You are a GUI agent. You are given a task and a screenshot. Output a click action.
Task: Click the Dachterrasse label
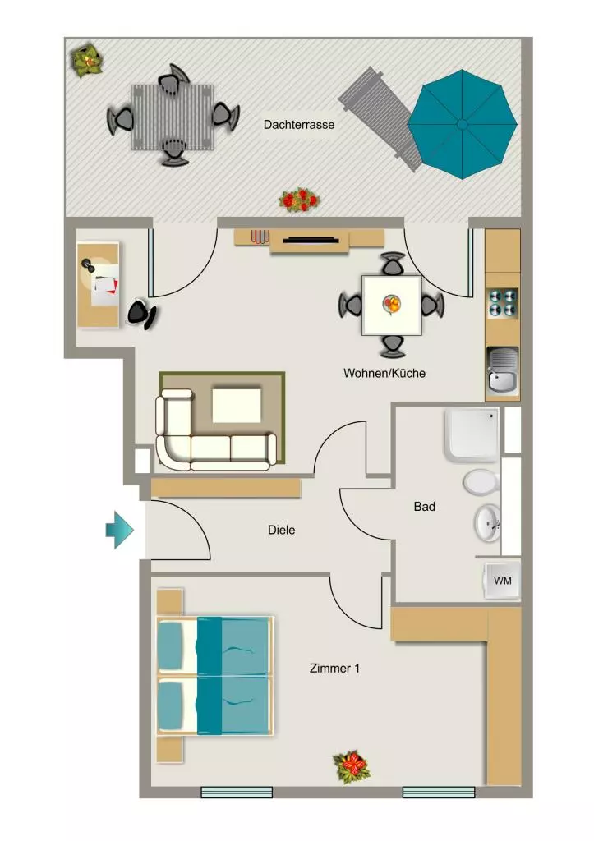(x=299, y=125)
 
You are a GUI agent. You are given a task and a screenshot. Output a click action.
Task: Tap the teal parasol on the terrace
(x=462, y=125)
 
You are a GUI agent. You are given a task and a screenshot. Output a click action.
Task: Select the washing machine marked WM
(x=502, y=581)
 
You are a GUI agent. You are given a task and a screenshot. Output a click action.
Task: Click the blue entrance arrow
(x=119, y=530)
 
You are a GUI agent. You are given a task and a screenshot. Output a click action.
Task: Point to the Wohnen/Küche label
(x=384, y=373)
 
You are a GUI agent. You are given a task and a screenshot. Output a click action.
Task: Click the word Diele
(x=282, y=530)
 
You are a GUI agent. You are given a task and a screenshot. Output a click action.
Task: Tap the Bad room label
(x=425, y=506)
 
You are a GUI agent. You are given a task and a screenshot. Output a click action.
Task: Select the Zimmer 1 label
(x=335, y=669)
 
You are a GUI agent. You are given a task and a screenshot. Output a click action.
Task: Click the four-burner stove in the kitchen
(x=503, y=303)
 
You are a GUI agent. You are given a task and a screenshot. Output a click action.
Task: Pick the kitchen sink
(x=503, y=370)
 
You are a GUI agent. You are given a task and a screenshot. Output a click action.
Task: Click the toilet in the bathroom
(x=481, y=482)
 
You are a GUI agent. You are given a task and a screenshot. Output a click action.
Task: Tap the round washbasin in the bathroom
(x=488, y=523)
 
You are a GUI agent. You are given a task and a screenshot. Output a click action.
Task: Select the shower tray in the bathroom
(x=472, y=434)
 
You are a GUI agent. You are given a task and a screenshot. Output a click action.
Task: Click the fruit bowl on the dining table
(x=391, y=304)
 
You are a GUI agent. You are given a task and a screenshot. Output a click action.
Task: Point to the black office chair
(x=141, y=315)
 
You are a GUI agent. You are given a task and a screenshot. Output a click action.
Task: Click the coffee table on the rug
(x=237, y=406)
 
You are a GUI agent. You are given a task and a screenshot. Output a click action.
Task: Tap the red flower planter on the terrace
(x=299, y=200)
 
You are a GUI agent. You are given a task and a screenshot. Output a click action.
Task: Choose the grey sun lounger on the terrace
(x=380, y=119)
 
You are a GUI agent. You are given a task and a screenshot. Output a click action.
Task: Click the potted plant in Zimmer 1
(x=352, y=766)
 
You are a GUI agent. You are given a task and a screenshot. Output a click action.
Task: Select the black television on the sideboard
(x=311, y=240)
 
